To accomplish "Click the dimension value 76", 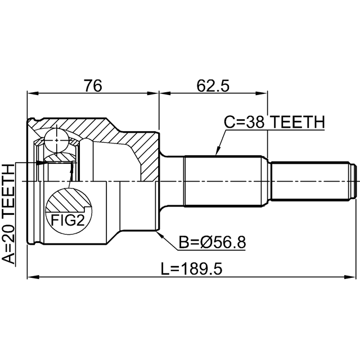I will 93,85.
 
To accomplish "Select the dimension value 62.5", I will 213,85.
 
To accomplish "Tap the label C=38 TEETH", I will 274,121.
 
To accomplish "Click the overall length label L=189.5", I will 192,269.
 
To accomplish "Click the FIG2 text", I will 67,220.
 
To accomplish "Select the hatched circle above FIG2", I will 67,200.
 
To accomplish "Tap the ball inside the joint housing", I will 56,137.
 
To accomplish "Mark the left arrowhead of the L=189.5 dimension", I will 31,276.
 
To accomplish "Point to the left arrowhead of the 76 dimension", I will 31,93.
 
